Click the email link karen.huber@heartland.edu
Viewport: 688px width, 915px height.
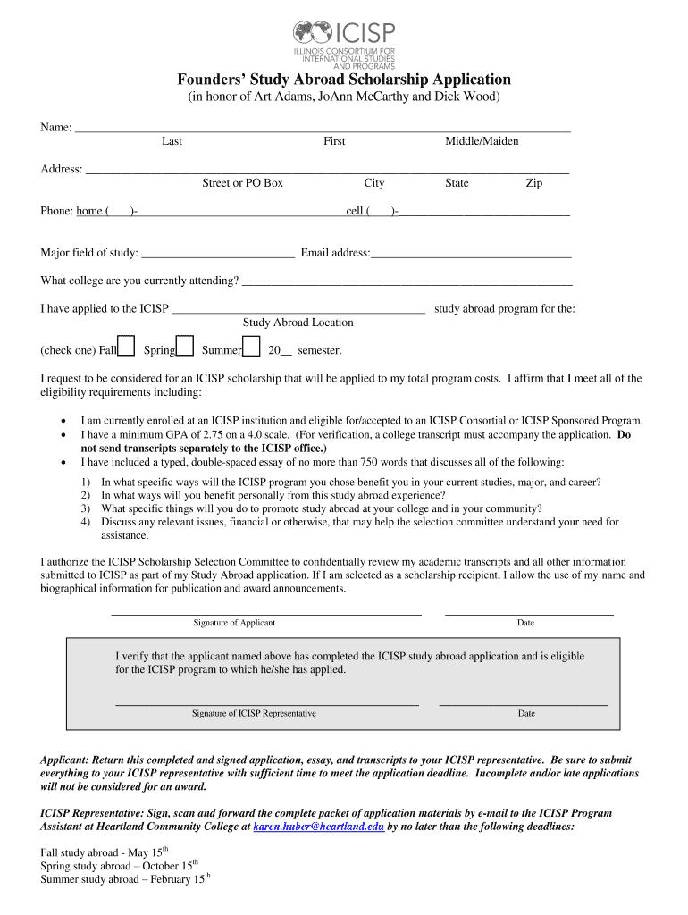319,827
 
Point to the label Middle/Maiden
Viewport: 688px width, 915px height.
482,141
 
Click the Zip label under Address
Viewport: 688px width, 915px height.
533,183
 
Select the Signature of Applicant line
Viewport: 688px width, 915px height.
265,613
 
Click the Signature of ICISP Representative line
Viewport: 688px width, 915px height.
267,703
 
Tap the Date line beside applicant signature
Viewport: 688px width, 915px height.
529,613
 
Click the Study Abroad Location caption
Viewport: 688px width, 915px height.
298,323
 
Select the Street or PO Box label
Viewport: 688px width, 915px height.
242,183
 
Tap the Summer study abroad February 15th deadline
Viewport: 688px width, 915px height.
125,879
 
